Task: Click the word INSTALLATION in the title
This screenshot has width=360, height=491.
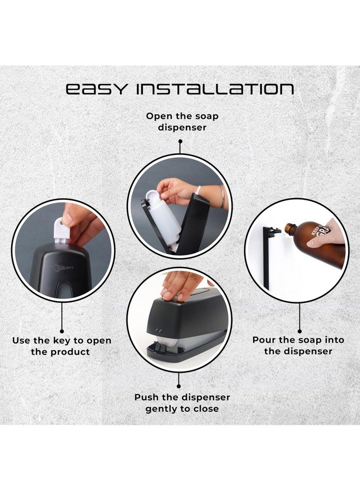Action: tap(216, 89)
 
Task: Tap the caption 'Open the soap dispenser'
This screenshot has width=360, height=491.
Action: tap(179, 121)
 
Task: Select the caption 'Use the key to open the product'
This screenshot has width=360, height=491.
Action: tap(62, 346)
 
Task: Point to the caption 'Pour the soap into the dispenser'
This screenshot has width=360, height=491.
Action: tap(298, 345)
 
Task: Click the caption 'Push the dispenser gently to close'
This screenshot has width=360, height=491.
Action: tap(182, 403)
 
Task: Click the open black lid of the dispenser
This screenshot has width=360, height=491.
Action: tap(194, 224)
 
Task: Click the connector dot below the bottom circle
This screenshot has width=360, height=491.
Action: tap(179, 376)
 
